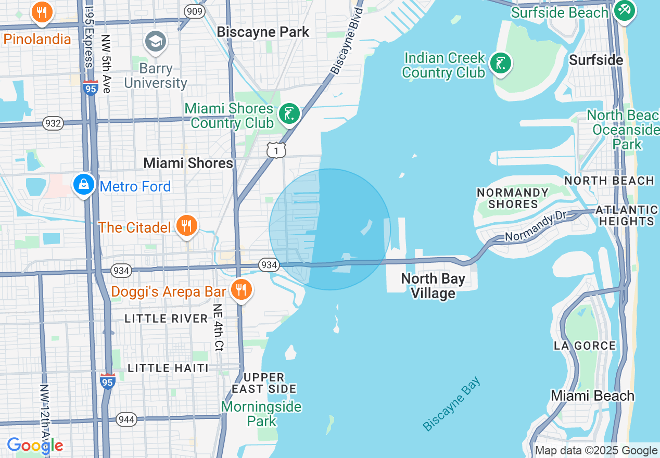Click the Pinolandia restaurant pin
pyautogui.click(x=42, y=12)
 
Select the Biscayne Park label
pyautogui.click(x=263, y=32)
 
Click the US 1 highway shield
pyautogui.click(x=276, y=150)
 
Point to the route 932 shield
pyautogui.click(x=54, y=123)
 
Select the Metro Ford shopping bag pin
pyautogui.click(x=83, y=185)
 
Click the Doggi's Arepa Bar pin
pyautogui.click(x=240, y=290)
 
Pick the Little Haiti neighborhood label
pyautogui.click(x=168, y=368)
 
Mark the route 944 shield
pyautogui.click(x=126, y=419)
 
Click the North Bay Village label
pyautogui.click(x=433, y=286)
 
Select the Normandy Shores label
pyautogui.click(x=513, y=198)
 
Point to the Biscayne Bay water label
pyautogui.click(x=452, y=404)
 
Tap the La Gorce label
pyautogui.click(x=585, y=346)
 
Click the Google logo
pyautogui.click(x=35, y=446)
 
